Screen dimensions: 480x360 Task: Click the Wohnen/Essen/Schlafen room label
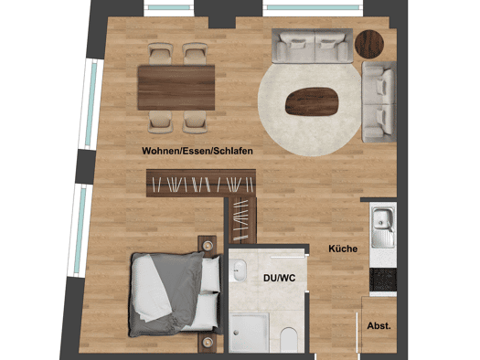click(x=197, y=151)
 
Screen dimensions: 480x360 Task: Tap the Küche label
click(x=343, y=249)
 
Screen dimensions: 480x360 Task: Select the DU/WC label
click(x=280, y=278)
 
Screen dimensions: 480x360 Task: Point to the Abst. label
click(x=379, y=326)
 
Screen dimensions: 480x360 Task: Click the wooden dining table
click(x=176, y=88)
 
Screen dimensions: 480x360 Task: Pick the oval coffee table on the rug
click(x=312, y=101)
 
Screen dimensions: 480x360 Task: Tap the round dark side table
click(x=369, y=44)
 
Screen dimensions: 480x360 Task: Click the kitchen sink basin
click(x=381, y=218)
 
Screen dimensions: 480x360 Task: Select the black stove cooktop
click(x=383, y=280)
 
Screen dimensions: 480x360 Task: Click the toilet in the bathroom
click(x=289, y=340)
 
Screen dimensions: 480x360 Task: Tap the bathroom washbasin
click(x=240, y=270)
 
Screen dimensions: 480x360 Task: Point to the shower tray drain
click(x=235, y=332)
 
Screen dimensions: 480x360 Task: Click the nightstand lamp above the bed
click(x=208, y=245)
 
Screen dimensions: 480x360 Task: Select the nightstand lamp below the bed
click(x=208, y=342)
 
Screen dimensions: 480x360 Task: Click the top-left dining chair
click(x=160, y=54)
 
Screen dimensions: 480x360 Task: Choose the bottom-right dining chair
click(x=195, y=122)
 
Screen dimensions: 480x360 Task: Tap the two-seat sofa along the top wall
click(x=313, y=46)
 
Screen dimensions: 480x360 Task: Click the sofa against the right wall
click(x=379, y=101)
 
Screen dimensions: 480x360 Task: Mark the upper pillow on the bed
click(x=210, y=274)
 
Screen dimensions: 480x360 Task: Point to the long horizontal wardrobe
click(x=201, y=184)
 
